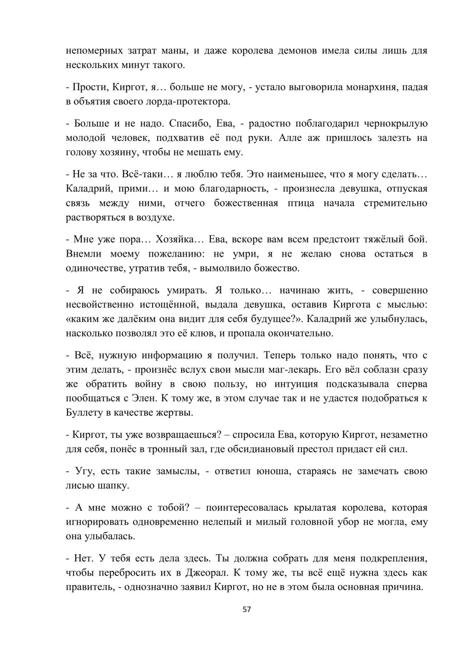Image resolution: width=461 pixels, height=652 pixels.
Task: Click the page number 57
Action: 247,609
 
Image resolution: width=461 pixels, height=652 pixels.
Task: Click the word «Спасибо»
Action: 189,124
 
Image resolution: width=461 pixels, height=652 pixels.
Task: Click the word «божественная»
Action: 246,203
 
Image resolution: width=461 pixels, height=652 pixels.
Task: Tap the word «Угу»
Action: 83,471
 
